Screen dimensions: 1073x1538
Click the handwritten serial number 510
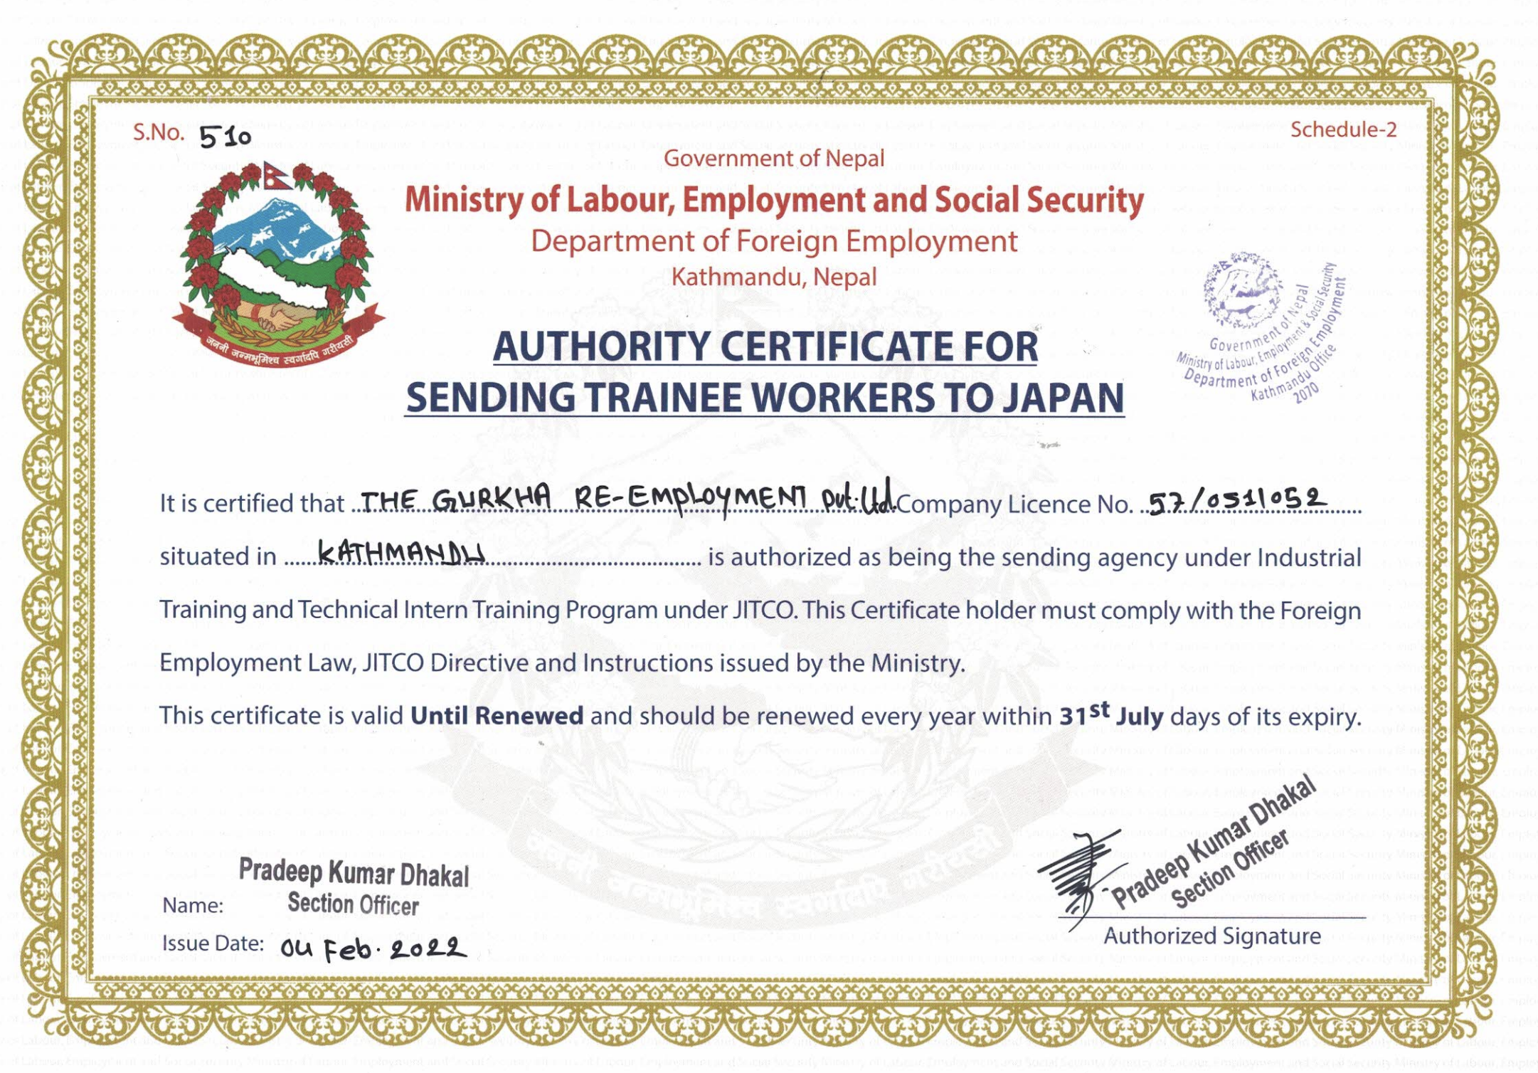[x=225, y=136]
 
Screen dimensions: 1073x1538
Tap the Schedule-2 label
[x=1343, y=129]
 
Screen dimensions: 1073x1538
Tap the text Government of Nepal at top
[x=773, y=158]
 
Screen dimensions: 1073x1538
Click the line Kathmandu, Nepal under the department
[x=773, y=277]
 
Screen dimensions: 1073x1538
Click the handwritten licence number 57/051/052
[x=1236, y=500]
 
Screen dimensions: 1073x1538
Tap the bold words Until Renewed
[x=497, y=715]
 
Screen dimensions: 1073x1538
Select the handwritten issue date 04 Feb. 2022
[x=373, y=948]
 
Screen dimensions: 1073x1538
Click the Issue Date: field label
[x=213, y=943]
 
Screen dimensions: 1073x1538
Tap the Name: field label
[x=193, y=906]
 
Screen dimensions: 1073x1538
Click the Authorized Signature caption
[x=1211, y=936]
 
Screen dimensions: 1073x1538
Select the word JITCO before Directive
[x=393, y=663]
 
